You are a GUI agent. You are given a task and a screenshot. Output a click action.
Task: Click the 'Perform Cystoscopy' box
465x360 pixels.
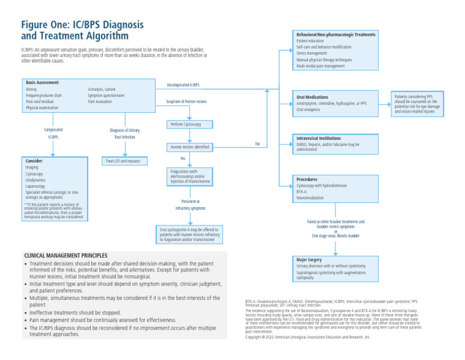[x=190, y=124]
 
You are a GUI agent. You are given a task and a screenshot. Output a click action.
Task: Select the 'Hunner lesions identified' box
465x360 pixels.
[x=190, y=147]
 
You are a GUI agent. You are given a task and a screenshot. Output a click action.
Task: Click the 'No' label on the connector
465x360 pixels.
[x=257, y=144]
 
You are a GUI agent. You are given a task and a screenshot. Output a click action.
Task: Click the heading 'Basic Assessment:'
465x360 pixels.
[x=42, y=82]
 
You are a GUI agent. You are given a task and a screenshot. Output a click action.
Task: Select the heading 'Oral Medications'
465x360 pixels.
[x=312, y=97]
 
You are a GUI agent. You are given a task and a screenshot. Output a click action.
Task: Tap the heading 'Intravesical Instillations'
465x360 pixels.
[x=319, y=138]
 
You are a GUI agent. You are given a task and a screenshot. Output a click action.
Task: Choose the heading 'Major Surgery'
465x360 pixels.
[x=309, y=259]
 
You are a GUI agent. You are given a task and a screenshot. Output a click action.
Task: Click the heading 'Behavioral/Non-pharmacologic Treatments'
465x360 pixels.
[x=335, y=35]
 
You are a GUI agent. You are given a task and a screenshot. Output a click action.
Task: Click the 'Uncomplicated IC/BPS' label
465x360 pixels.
[x=183, y=85]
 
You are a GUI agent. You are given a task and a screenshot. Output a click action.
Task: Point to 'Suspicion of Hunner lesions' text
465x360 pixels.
[x=186, y=101]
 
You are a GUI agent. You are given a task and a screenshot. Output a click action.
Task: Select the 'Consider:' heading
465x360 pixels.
[x=35, y=161]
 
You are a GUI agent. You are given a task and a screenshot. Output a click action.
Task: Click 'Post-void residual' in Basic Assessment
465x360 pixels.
[x=41, y=102]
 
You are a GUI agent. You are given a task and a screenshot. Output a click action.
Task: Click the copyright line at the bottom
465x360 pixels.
[x=307, y=336]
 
